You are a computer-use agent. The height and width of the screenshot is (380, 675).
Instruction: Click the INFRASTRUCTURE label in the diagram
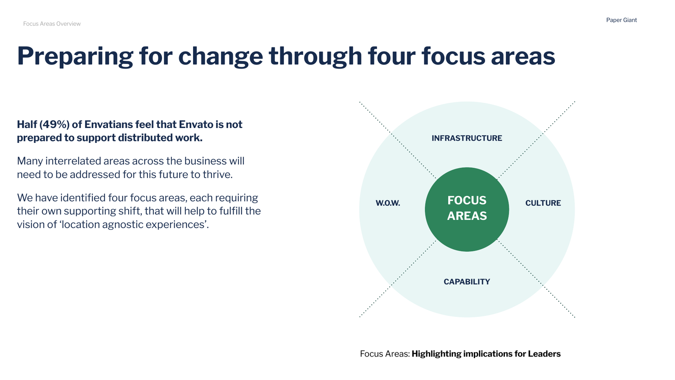click(x=467, y=138)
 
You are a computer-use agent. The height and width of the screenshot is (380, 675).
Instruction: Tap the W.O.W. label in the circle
click(x=387, y=203)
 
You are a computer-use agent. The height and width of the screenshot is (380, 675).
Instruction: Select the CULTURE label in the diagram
click(x=543, y=203)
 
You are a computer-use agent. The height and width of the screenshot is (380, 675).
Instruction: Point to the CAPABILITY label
click(x=467, y=282)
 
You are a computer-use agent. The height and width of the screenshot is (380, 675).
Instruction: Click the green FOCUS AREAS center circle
click(x=467, y=209)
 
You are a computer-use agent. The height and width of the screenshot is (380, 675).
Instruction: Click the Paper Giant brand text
click(x=621, y=20)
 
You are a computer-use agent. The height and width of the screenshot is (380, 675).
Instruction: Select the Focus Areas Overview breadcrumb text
click(x=52, y=24)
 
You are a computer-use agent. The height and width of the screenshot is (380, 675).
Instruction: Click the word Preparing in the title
click(x=75, y=56)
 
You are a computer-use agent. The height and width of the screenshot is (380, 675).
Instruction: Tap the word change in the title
click(x=220, y=56)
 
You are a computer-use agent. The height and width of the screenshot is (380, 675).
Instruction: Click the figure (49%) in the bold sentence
click(x=54, y=124)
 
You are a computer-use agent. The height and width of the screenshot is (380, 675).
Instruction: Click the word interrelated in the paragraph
click(x=74, y=161)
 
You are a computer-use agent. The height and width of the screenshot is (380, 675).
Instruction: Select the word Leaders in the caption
click(x=544, y=354)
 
